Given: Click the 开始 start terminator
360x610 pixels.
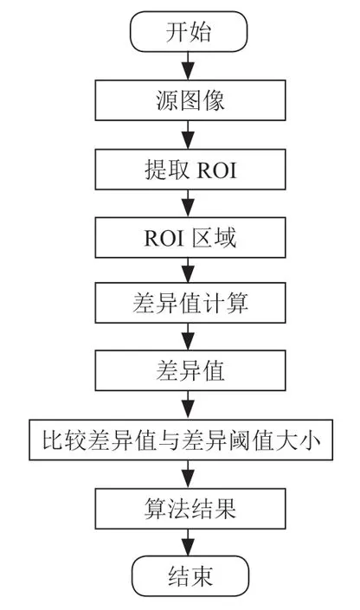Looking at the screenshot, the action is pyautogui.click(x=189, y=31).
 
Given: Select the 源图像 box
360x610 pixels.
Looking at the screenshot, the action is pyautogui.click(x=190, y=100).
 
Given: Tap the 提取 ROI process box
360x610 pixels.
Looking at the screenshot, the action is pyautogui.click(x=190, y=170).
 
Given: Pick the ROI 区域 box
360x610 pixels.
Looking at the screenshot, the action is pyautogui.click(x=190, y=238).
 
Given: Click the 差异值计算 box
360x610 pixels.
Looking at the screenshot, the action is pyautogui.click(x=190, y=303).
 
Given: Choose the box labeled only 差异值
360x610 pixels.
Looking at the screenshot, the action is pyautogui.click(x=190, y=370).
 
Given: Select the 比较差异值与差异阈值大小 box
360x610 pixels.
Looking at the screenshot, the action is pyautogui.click(x=181, y=440).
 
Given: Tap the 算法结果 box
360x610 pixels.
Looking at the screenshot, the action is pyautogui.click(x=190, y=509).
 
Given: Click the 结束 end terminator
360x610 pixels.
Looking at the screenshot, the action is pyautogui.click(x=190, y=576).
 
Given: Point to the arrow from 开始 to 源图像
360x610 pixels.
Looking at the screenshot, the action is pyautogui.click(x=189, y=66).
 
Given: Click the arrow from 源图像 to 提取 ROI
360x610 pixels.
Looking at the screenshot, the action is pyautogui.click(x=189, y=135).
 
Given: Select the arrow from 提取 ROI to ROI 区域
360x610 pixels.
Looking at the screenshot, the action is pyautogui.click(x=189, y=203).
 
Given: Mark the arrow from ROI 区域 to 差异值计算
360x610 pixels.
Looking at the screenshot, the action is pyautogui.click(x=189, y=270).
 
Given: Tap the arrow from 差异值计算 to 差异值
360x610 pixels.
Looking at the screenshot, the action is pyautogui.click(x=189, y=337).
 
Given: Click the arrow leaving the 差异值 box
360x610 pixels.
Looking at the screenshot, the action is pyautogui.click(x=189, y=405).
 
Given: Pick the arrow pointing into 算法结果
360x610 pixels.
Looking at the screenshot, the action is pyautogui.click(x=189, y=474).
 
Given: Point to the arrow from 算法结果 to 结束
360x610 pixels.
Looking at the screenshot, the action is pyautogui.click(x=189, y=543).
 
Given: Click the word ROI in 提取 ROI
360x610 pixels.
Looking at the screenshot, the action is pyautogui.click(x=217, y=170).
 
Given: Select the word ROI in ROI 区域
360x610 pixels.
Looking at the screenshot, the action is pyautogui.click(x=164, y=238).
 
